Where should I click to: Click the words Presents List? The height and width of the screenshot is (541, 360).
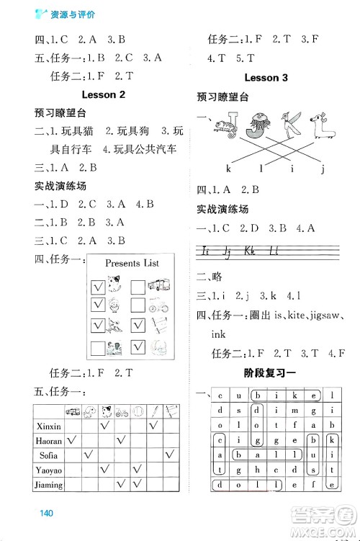[132, 264]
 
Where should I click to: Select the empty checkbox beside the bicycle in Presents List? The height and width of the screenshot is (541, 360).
[139, 306]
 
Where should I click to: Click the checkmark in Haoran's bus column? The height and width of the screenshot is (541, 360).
[72, 440]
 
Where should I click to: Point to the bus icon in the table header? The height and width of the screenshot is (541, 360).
[72, 412]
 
